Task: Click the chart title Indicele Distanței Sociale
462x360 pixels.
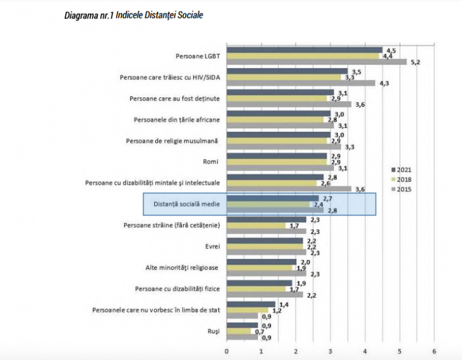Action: coord(133,14)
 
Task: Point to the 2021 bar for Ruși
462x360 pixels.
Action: coord(242,325)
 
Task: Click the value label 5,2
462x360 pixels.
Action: coord(415,62)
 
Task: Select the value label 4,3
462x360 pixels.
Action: coord(383,83)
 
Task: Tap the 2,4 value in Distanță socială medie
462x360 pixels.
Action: coord(318,205)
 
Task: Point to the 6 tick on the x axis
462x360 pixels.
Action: coord(434,351)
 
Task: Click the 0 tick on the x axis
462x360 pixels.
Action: coord(226,351)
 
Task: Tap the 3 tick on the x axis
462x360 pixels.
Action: coord(330,351)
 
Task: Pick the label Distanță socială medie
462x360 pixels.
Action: coord(186,205)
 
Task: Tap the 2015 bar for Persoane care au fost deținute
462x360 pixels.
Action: coord(289,105)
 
